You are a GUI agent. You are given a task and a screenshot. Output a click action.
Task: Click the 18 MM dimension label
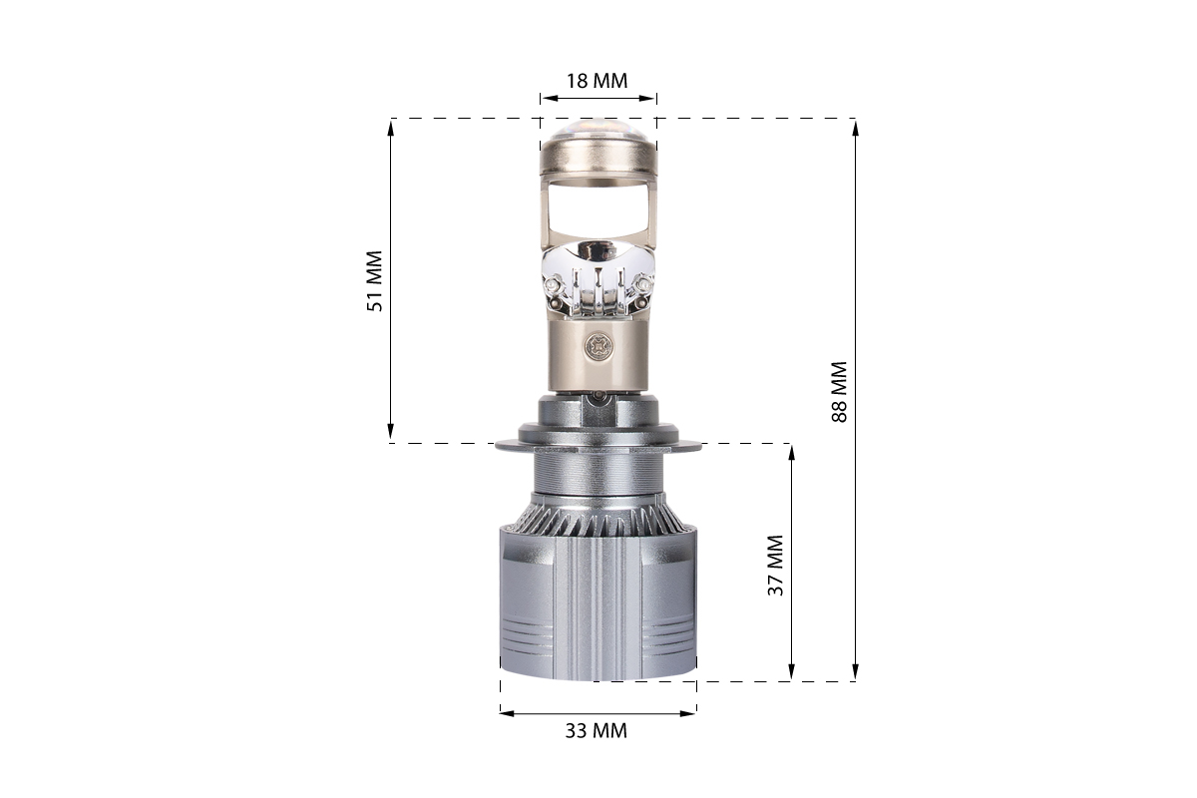tap(597, 81)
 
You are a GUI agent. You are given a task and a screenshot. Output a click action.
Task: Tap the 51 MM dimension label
tap(375, 281)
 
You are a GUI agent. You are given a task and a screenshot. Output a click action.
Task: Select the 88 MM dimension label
tap(840, 392)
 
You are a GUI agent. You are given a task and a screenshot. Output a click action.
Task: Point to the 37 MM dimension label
tap(775, 565)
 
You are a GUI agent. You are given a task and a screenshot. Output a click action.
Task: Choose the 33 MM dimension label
tap(597, 731)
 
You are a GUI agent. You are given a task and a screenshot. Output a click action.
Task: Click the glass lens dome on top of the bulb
tap(598, 127)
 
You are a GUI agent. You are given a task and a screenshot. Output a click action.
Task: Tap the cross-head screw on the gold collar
tap(598, 346)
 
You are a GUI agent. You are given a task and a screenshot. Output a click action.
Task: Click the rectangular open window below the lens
tap(598, 210)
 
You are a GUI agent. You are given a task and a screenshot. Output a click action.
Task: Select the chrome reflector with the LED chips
tap(598, 279)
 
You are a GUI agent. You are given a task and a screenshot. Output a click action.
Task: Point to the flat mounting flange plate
tap(598, 445)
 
